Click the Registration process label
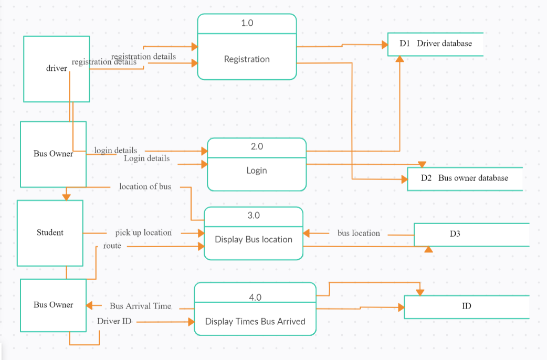247,59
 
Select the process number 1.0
247,23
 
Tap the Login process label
257,171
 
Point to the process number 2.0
257,147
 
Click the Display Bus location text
254,239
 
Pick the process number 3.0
254,216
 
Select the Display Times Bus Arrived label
255,321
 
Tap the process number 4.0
255,298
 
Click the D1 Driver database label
436,44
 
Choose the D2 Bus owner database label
465,178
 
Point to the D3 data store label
455,234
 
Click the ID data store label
466,305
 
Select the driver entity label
57,68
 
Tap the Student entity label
50,232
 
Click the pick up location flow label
143,232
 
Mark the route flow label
112,245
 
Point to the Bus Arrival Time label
140,306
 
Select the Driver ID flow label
114,321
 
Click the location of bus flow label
145,186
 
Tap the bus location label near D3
359,233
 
